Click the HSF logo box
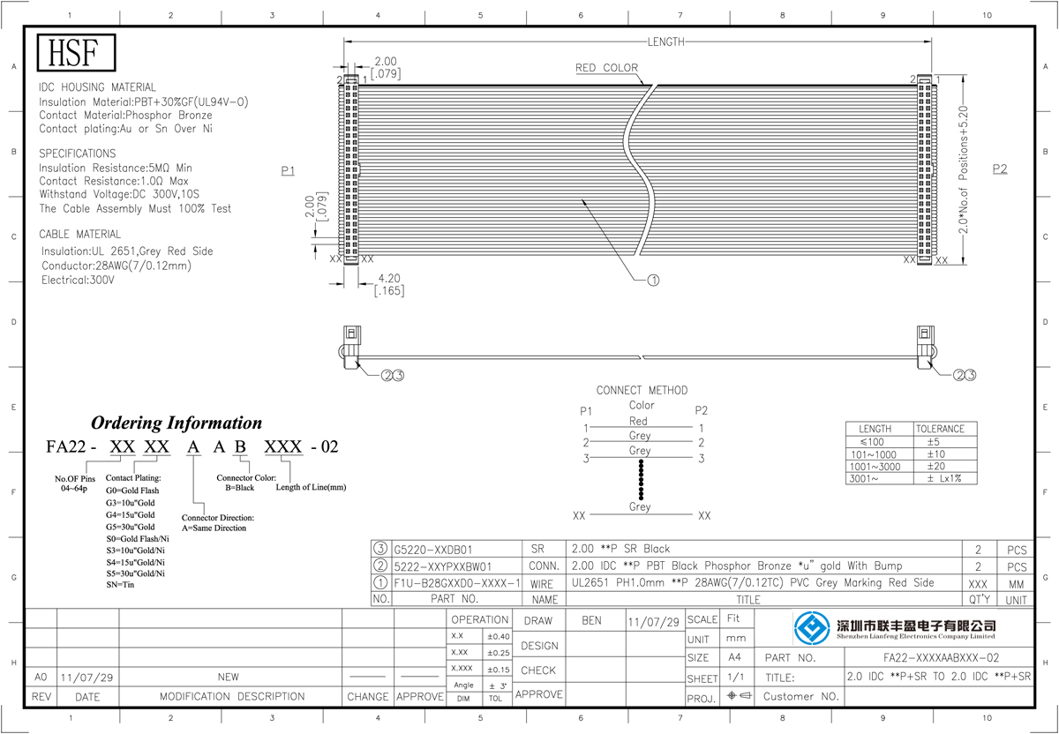tap(76, 52)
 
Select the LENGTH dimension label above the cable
tap(665, 42)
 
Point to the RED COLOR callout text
tap(606, 68)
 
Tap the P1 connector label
tap(288, 170)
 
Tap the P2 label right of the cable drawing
tap(999, 169)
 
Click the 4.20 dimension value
tap(389, 279)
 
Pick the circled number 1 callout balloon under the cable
tap(653, 281)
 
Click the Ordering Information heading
tap(176, 423)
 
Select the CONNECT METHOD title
tap(642, 391)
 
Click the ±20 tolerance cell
tap(936, 466)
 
